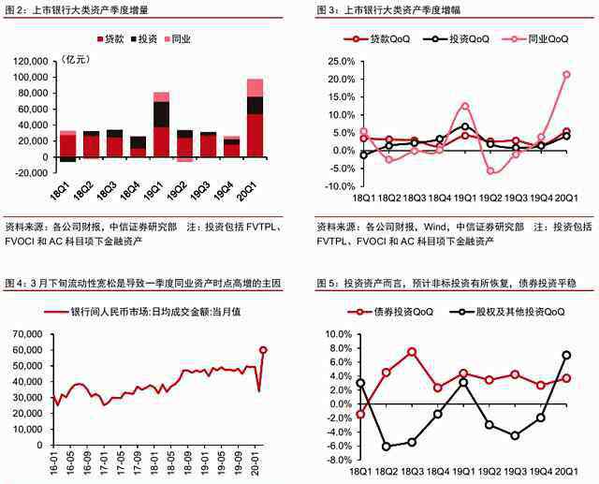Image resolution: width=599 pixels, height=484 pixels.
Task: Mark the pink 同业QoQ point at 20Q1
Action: pyautogui.click(x=566, y=74)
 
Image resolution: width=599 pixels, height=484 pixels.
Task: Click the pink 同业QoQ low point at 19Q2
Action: pyautogui.click(x=489, y=170)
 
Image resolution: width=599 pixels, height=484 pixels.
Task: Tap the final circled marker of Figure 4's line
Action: pyautogui.click(x=263, y=350)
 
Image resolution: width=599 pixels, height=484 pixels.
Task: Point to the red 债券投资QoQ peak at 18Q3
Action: pyautogui.click(x=412, y=351)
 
